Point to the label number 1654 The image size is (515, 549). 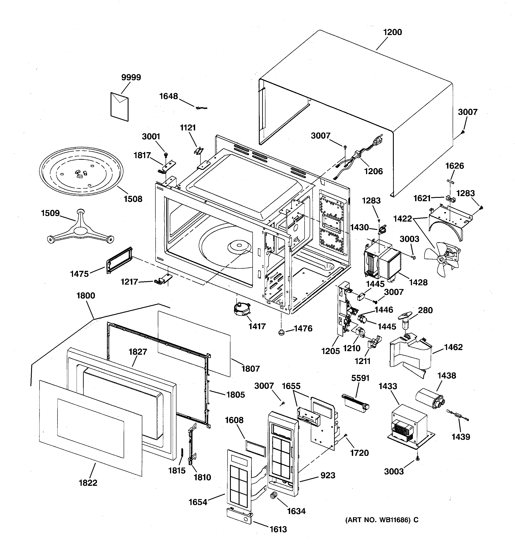(198, 502)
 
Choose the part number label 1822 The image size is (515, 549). (88, 483)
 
